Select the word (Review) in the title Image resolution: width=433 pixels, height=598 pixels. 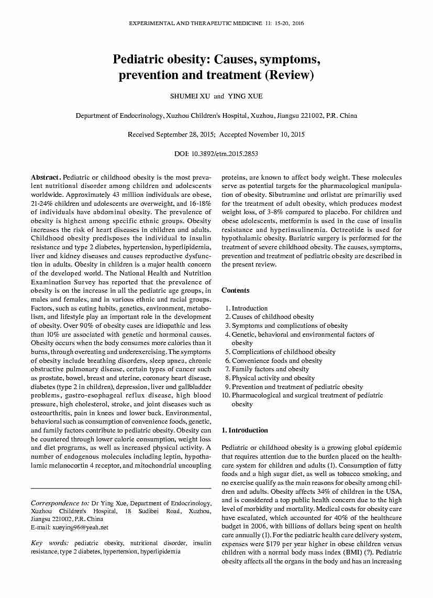click(x=290, y=75)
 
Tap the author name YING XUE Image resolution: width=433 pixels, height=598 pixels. click(x=245, y=96)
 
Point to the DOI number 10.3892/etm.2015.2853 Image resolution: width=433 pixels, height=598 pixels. click(x=225, y=154)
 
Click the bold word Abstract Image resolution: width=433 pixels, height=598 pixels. click(x=46, y=178)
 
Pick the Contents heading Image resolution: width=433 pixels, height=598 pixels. click(x=236, y=291)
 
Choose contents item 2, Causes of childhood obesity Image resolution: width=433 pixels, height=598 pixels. click(x=273, y=317)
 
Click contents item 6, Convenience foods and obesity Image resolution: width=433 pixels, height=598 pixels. click(x=277, y=361)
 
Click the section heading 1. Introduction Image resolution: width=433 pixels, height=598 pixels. click(x=245, y=430)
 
